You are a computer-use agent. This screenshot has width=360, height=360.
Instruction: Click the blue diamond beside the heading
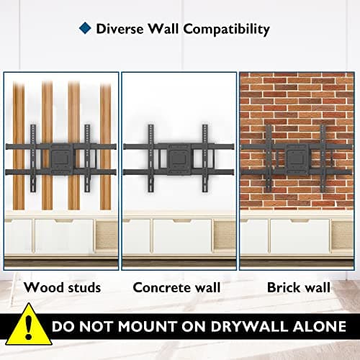85,28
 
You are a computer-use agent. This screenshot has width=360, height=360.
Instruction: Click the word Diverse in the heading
120,29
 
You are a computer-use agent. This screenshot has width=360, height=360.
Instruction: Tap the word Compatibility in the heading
227,30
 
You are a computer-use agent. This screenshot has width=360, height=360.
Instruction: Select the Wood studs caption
62,287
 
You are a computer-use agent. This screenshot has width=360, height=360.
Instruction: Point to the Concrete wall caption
176,287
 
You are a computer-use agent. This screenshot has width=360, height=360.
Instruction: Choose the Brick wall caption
299,287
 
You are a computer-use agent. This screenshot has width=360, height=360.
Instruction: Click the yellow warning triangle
29,325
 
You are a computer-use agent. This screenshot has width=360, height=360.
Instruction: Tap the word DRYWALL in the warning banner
249,326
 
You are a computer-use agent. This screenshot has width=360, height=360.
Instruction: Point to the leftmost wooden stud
19,146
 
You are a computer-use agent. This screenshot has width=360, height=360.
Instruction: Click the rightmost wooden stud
106,146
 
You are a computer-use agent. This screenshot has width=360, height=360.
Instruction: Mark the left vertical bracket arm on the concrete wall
150,158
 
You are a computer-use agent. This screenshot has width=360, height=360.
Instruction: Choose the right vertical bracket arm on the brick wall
323,158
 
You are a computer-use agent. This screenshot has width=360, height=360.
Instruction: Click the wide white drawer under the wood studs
64,236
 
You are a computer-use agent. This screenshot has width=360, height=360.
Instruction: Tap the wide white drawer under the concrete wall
182,236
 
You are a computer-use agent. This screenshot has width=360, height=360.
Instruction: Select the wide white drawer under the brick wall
300,236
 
